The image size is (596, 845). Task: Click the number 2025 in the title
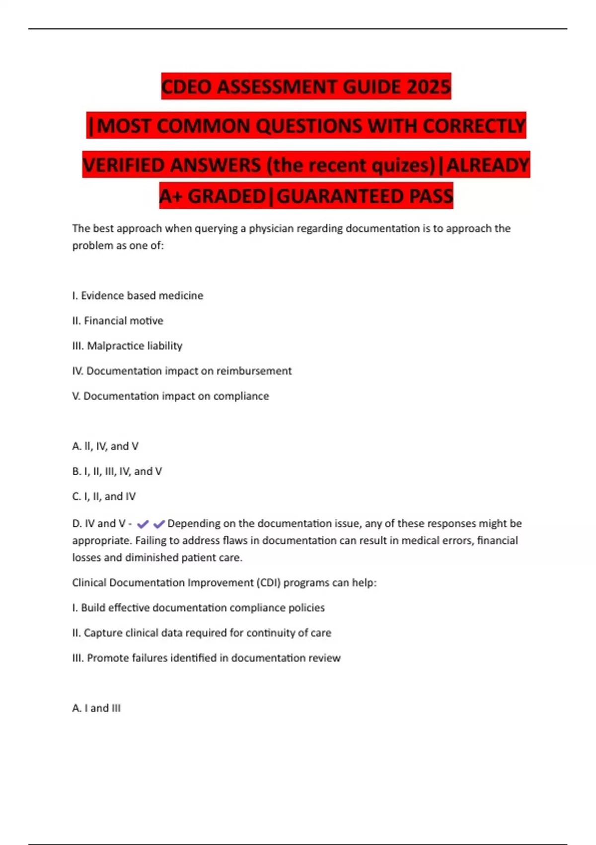428,87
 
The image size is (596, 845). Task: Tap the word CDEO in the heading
187,87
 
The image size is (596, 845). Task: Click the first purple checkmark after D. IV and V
143,524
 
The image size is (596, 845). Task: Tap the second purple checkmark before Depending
159,524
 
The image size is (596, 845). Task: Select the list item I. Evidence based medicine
138,296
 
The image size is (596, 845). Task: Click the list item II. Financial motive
118,321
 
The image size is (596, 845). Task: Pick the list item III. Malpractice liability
127,346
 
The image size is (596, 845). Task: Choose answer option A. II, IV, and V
105,446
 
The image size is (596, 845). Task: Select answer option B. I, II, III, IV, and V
117,471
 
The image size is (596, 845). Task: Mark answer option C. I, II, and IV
104,497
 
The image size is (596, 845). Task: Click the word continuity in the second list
273,633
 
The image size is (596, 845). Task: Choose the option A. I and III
96,708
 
